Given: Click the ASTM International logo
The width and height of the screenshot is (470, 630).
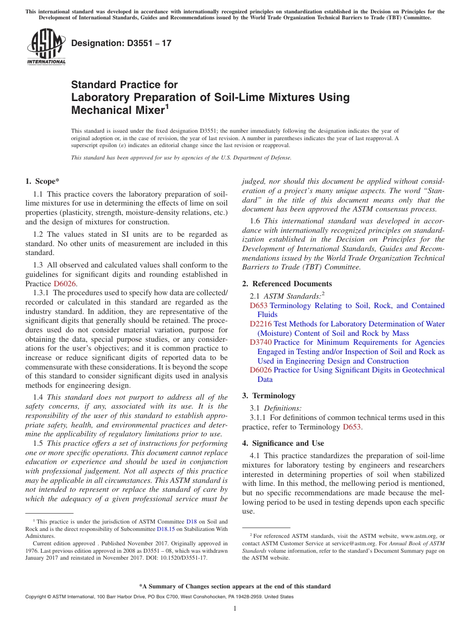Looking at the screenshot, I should [x=46, y=47].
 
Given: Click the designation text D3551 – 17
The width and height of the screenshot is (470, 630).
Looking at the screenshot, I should [x=121, y=43].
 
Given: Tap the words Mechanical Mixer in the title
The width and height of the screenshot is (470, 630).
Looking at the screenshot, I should [x=117, y=110].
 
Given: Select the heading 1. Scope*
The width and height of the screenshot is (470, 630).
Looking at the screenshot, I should [x=43, y=181].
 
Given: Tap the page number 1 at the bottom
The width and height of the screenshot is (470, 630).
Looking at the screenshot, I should [x=235, y=609].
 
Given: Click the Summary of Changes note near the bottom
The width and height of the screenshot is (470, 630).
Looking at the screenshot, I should [x=235, y=586].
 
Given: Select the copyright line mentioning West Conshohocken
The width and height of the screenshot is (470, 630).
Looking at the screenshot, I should [x=159, y=597].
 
